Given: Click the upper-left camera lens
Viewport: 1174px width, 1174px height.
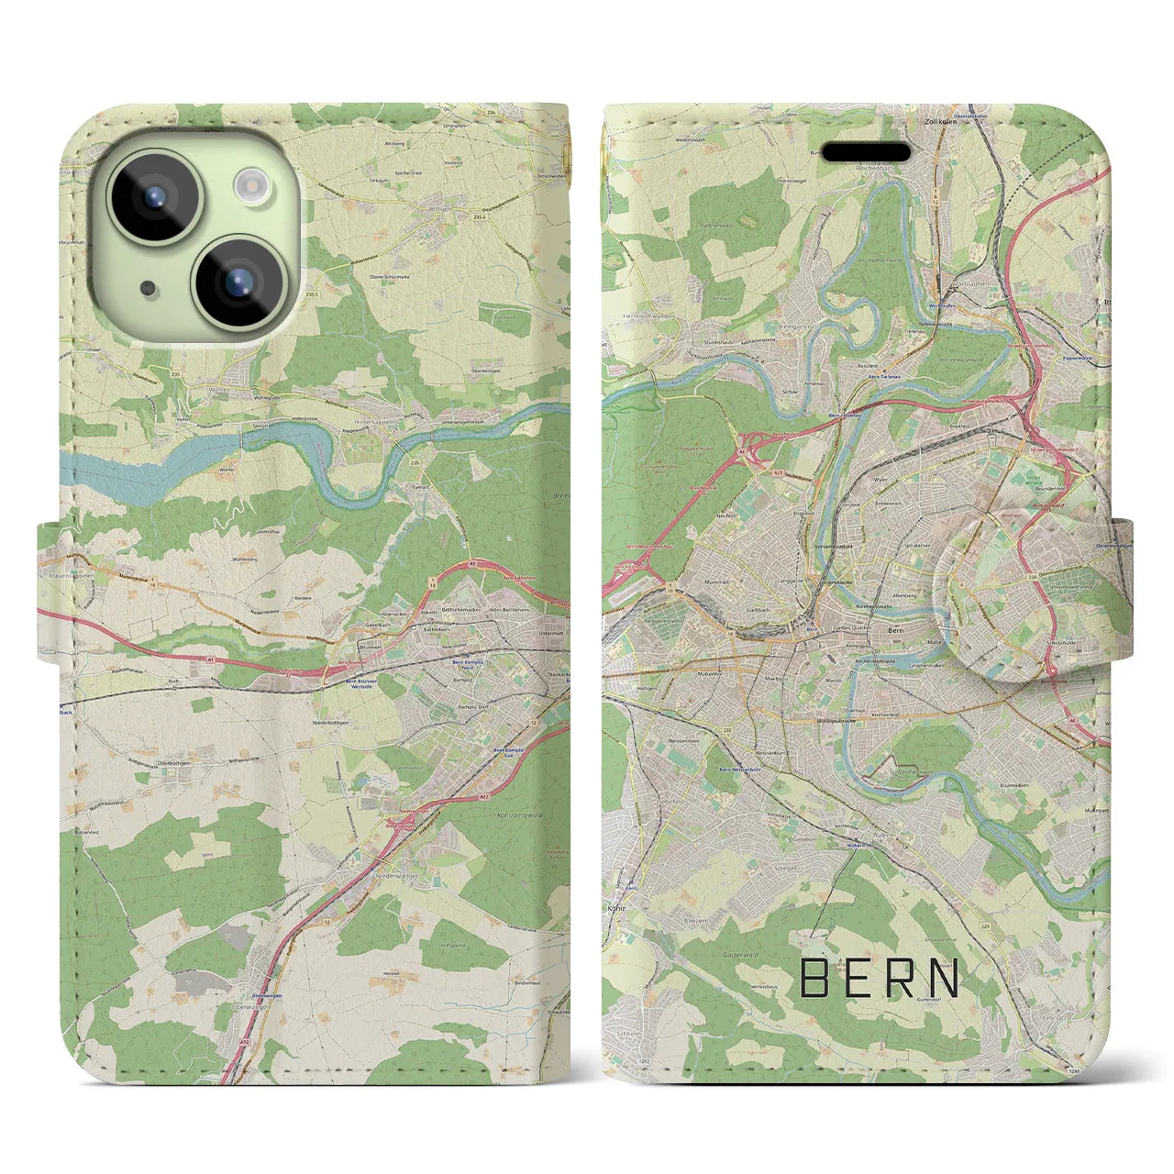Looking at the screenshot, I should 153,196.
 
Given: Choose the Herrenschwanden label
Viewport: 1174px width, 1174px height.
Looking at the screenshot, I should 649,316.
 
